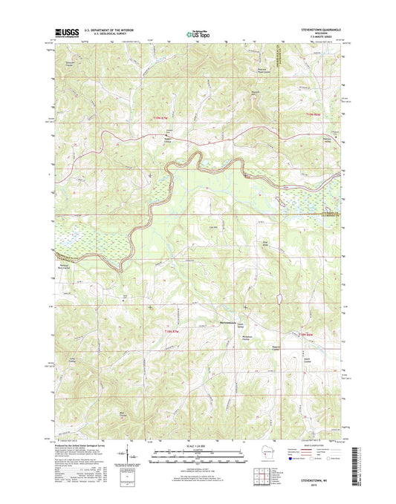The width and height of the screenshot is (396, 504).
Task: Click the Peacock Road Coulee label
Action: point(256,74)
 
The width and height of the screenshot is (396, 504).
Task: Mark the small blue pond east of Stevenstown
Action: point(279,298)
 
